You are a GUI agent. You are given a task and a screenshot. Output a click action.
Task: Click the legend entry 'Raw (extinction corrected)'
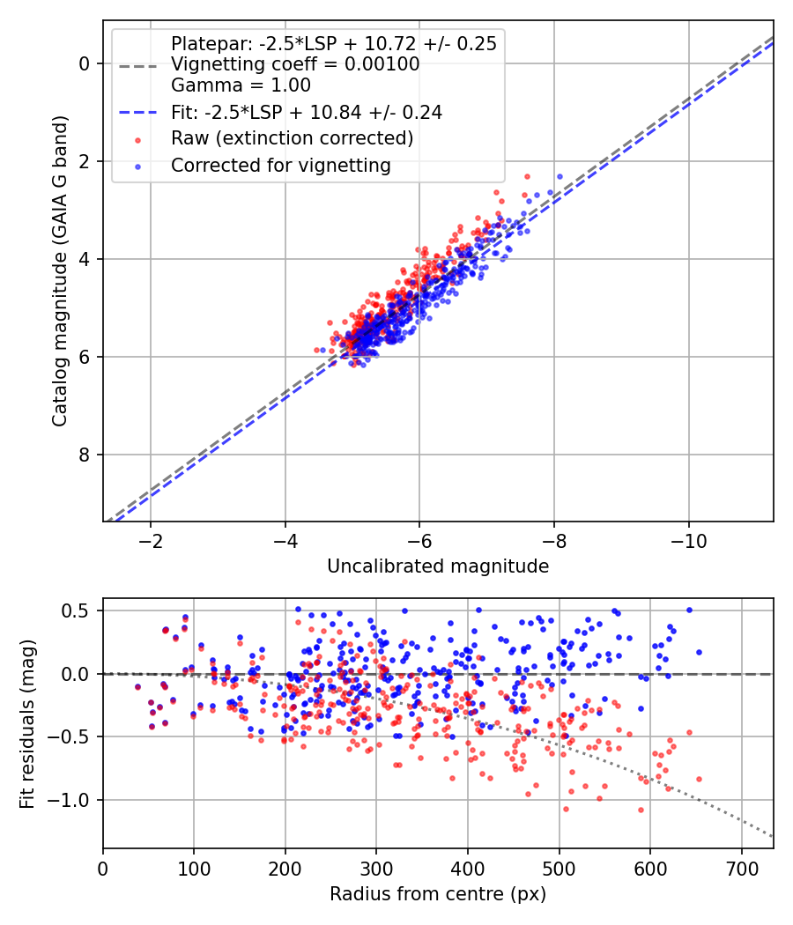(292, 138)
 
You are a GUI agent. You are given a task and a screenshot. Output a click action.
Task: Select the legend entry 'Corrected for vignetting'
(281, 166)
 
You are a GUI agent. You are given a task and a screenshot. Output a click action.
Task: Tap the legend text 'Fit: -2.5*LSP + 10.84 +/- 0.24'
(307, 112)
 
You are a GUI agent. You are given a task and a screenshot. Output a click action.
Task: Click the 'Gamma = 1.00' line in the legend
(241, 85)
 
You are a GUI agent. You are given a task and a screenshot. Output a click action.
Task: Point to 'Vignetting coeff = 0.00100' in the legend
(295, 64)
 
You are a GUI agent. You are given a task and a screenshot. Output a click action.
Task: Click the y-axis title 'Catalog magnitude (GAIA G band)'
(60, 270)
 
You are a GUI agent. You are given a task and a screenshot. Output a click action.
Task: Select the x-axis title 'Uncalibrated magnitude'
(438, 566)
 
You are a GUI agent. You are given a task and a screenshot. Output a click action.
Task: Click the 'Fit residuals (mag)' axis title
(27, 723)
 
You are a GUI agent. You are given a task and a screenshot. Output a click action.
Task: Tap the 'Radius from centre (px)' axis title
(438, 894)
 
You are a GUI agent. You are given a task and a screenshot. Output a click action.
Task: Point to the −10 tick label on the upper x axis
(688, 541)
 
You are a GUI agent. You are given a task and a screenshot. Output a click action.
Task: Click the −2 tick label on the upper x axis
(151, 541)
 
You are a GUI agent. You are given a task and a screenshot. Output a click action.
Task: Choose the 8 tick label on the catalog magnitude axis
(84, 455)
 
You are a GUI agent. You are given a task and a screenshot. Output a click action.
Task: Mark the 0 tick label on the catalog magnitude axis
(84, 63)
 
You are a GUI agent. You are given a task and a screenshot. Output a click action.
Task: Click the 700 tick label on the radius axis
(741, 869)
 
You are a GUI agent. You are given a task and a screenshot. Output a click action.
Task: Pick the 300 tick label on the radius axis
(376, 869)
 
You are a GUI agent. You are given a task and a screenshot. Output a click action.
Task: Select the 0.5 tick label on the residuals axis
(76, 610)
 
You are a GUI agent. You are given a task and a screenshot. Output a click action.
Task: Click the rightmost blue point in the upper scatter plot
(560, 177)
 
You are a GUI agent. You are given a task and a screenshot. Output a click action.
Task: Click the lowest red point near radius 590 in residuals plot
(641, 810)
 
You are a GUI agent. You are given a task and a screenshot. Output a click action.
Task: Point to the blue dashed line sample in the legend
(138, 113)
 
